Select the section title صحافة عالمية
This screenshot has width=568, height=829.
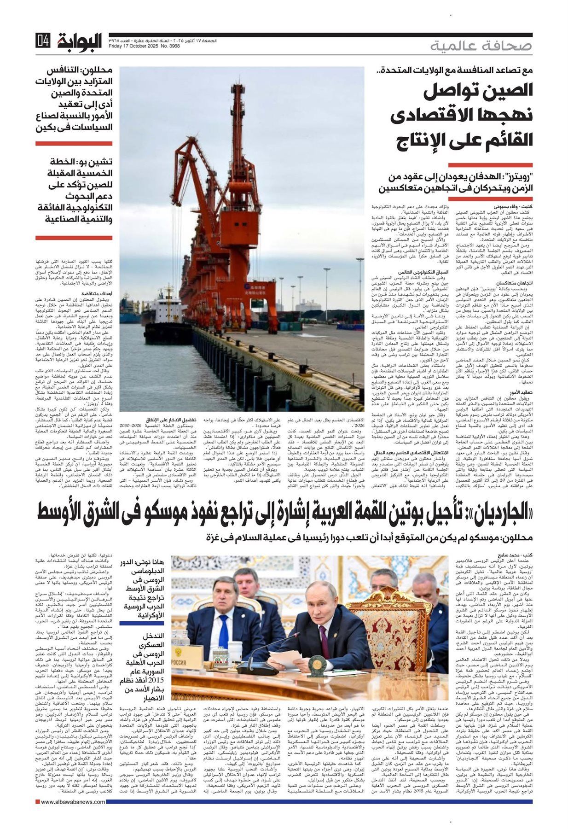481,46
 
